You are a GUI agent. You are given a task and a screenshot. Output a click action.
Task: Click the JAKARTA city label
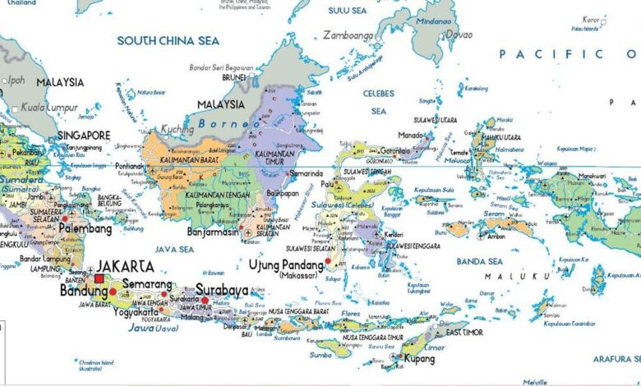(x=125, y=266)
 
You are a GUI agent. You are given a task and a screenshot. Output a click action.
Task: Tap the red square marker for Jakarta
(x=99, y=279)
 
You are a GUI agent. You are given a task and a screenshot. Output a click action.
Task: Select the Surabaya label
(x=222, y=290)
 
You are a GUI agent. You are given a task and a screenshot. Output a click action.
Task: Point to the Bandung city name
(x=84, y=291)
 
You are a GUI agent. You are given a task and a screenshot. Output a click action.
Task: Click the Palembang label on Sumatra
(x=85, y=229)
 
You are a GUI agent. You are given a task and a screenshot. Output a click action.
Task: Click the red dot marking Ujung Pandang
(x=328, y=261)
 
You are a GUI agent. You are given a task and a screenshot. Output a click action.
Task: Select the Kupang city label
(x=420, y=360)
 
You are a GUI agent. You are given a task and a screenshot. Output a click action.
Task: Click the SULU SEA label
(x=347, y=11)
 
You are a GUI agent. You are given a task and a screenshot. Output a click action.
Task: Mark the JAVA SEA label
(x=173, y=249)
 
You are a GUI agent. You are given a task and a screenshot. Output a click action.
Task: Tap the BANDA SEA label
(x=479, y=261)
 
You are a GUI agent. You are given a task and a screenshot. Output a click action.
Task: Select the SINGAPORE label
(x=84, y=135)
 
